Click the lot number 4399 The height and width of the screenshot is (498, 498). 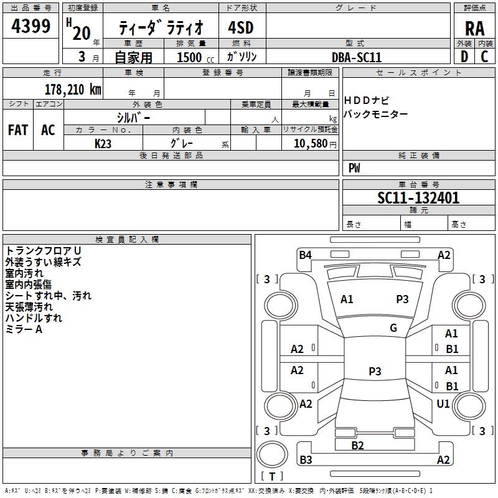click(31, 27)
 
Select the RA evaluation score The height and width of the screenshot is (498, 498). click(474, 28)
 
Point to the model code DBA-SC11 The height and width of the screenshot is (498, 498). click(357, 57)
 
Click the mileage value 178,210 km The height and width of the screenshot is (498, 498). click(73, 89)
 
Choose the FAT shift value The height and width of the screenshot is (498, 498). click(18, 130)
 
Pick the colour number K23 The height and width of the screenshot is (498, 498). click(103, 143)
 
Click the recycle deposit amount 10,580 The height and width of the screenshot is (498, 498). click(309, 144)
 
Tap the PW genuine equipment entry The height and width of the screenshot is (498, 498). click(354, 168)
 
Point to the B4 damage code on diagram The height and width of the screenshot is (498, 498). click(305, 255)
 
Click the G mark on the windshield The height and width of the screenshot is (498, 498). click(393, 328)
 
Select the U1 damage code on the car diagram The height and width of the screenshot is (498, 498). click(443, 404)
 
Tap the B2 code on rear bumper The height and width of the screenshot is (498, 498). click(357, 445)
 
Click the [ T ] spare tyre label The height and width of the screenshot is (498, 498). click(272, 476)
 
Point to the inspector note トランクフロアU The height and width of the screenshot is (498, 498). click(43, 251)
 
